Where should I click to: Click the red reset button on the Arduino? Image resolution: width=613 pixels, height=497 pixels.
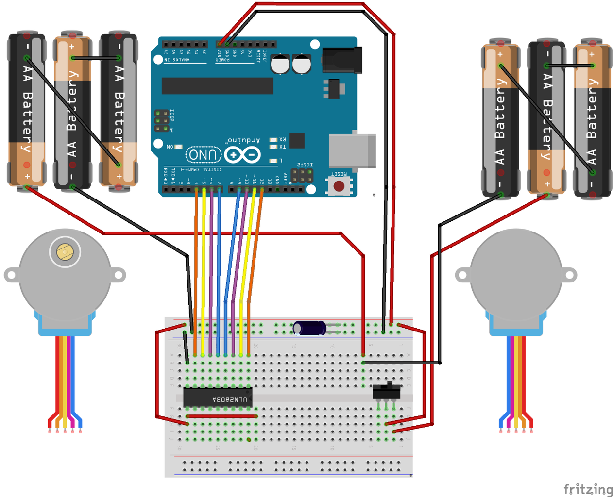coord(339,186)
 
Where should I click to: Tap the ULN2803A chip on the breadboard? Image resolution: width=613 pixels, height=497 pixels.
coord(217,398)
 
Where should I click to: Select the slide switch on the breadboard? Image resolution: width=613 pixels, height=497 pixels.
coord(387,391)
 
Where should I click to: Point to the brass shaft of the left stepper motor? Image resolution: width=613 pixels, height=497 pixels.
coord(65,252)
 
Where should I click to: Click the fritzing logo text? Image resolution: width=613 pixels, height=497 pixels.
coord(588,489)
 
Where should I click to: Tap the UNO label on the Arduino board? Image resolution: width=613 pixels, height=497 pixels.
coord(203,155)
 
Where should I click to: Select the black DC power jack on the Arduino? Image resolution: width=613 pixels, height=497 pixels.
coord(342,60)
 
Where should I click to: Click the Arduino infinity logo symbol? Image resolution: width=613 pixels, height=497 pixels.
coord(242,155)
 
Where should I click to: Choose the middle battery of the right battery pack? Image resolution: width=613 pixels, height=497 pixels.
coord(546,116)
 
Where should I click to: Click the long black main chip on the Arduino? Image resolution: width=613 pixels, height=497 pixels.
coord(217,86)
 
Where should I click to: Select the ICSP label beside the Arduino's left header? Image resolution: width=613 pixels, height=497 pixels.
coord(172,116)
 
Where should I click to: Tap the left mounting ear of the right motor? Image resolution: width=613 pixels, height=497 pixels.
coord(462,275)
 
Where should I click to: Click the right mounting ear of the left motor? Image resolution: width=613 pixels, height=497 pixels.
coord(118,275)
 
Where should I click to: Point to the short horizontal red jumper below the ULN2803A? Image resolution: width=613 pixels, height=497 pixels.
coord(221,416)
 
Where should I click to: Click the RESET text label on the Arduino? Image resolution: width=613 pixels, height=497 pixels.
coord(339,174)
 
